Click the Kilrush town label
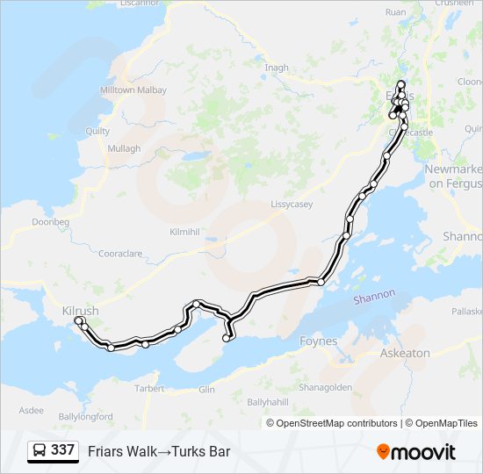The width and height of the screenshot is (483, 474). click(x=81, y=311)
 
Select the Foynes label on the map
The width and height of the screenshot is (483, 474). click(x=318, y=341)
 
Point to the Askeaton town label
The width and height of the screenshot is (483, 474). click(x=405, y=352)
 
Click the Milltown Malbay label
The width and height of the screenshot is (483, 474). click(x=133, y=90)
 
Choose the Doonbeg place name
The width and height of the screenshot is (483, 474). click(x=50, y=223)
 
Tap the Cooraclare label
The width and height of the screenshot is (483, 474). click(x=120, y=254)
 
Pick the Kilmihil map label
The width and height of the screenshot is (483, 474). click(x=185, y=232)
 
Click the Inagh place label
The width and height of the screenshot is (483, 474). click(x=276, y=68)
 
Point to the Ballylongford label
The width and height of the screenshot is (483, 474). click(x=85, y=416)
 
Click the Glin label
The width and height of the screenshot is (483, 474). click(x=207, y=389)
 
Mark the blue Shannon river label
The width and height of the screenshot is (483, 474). click(x=375, y=298)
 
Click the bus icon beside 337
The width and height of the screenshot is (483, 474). click(x=40, y=450)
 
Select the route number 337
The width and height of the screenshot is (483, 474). click(x=62, y=450)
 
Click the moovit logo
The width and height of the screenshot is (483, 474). click(x=416, y=451)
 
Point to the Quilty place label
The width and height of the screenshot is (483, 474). click(x=97, y=131)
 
